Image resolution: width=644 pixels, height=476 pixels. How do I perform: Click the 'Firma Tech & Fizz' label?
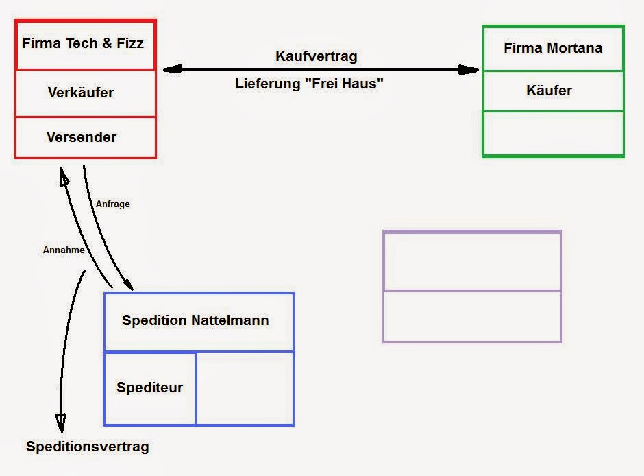click(83, 43)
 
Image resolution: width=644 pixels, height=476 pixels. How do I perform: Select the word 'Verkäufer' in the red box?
click(81, 92)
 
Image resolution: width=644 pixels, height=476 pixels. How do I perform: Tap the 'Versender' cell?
click(82, 137)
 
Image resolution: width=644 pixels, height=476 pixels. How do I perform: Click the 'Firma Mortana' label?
click(553, 48)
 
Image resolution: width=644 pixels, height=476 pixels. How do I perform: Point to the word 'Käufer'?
click(549, 91)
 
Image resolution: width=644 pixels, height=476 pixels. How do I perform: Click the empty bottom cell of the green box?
click(553, 134)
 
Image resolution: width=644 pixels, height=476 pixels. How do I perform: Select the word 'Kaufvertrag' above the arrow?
click(317, 56)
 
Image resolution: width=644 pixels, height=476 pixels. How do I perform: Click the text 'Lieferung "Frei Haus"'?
click(309, 84)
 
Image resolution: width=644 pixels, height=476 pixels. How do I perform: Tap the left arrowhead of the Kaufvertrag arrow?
click(172, 69)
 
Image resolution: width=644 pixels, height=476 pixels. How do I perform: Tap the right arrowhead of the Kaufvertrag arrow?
click(469, 69)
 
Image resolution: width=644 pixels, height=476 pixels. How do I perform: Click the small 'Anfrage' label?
click(113, 204)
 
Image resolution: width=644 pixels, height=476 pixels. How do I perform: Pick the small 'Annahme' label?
click(64, 250)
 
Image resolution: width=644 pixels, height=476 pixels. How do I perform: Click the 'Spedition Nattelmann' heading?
click(195, 320)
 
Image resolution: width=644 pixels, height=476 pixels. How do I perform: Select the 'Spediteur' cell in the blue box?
click(150, 388)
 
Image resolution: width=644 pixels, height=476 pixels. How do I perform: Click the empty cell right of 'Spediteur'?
click(245, 388)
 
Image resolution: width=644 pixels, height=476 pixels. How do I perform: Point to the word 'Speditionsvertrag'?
click(88, 447)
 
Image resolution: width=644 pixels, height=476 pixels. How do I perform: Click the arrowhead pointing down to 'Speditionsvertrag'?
click(61, 423)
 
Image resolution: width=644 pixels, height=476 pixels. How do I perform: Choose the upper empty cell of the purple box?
click(472, 262)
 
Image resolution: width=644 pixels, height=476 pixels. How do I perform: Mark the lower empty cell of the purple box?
click(472, 316)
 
